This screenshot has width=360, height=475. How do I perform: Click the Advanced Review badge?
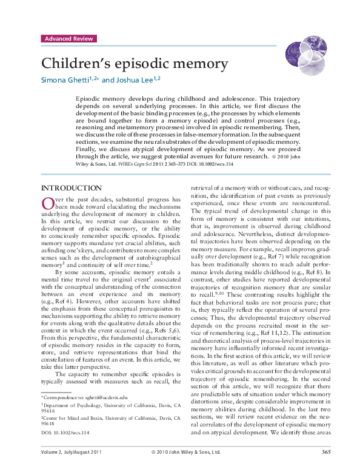68,39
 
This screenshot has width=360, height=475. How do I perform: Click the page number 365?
326,468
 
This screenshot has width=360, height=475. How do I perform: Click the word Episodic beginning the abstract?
90,97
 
